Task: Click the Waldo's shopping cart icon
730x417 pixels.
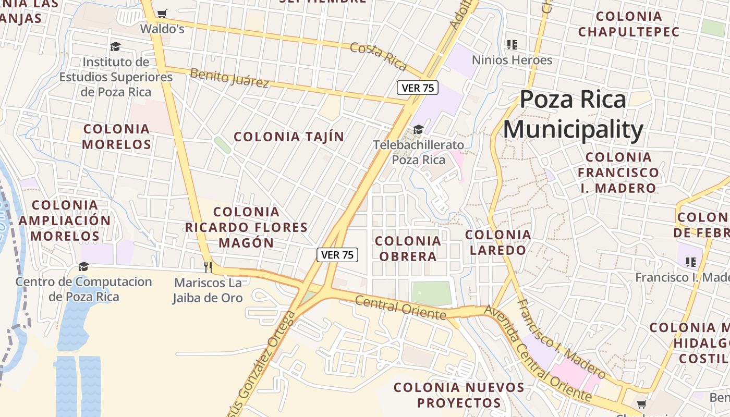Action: coord(162,14)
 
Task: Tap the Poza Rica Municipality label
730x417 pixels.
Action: coord(573,115)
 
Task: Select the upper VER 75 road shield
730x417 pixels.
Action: coord(418,88)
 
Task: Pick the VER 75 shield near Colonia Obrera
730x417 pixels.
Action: coord(337,255)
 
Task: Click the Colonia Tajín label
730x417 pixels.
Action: coord(289,137)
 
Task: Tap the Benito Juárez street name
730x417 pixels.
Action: coord(229,78)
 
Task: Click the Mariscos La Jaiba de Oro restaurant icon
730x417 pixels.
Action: coord(208,267)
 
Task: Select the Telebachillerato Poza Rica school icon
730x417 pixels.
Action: coord(418,129)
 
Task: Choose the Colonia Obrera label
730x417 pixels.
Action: coord(408,249)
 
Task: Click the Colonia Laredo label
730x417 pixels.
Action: coord(498,242)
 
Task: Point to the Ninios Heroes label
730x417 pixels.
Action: coord(512,60)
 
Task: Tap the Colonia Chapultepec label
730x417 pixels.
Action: coord(629,24)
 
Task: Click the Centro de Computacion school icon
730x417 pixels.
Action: coord(83,267)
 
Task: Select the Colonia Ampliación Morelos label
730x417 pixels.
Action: coord(65,220)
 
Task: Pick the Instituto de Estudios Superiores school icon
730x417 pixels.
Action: coord(115,47)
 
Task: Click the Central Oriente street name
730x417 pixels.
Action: coord(400,308)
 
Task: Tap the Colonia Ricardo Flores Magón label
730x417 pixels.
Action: coord(246,227)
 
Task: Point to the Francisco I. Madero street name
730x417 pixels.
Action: coord(561,339)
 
